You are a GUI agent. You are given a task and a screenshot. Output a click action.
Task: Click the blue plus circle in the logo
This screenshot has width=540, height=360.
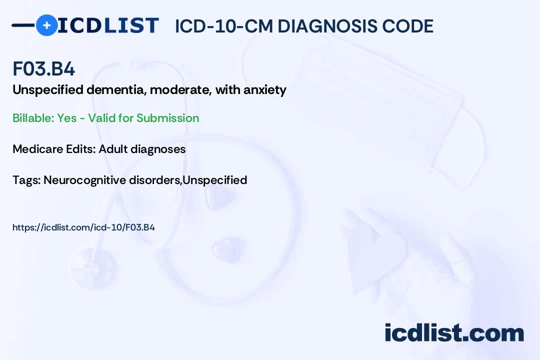point(46,25)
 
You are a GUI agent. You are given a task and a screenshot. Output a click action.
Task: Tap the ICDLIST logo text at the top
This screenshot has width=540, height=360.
point(108,25)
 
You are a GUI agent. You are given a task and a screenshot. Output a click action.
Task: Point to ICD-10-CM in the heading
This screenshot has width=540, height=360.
point(223,26)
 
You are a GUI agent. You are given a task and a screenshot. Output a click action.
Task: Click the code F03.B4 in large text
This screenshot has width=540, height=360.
point(44,69)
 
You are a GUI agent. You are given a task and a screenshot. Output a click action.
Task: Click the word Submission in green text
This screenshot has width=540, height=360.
point(167,118)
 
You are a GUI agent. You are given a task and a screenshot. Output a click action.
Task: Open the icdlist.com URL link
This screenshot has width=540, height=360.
point(83,227)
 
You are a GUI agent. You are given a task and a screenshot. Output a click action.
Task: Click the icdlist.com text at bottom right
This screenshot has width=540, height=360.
point(454,333)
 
